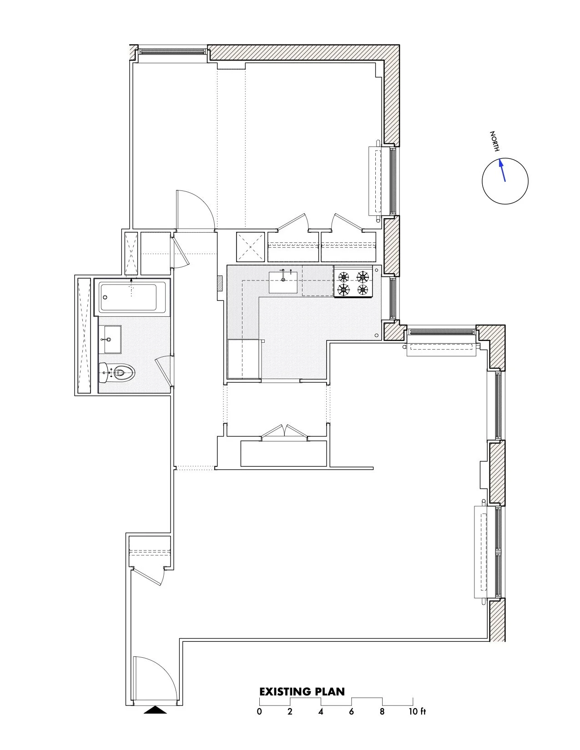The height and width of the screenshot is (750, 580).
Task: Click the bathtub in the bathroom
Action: click(x=132, y=297)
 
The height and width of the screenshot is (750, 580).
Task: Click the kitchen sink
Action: click(x=283, y=282)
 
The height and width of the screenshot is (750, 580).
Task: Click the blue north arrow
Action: click(x=503, y=170)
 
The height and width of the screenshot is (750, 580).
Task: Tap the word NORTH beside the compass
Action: click(x=495, y=141)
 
